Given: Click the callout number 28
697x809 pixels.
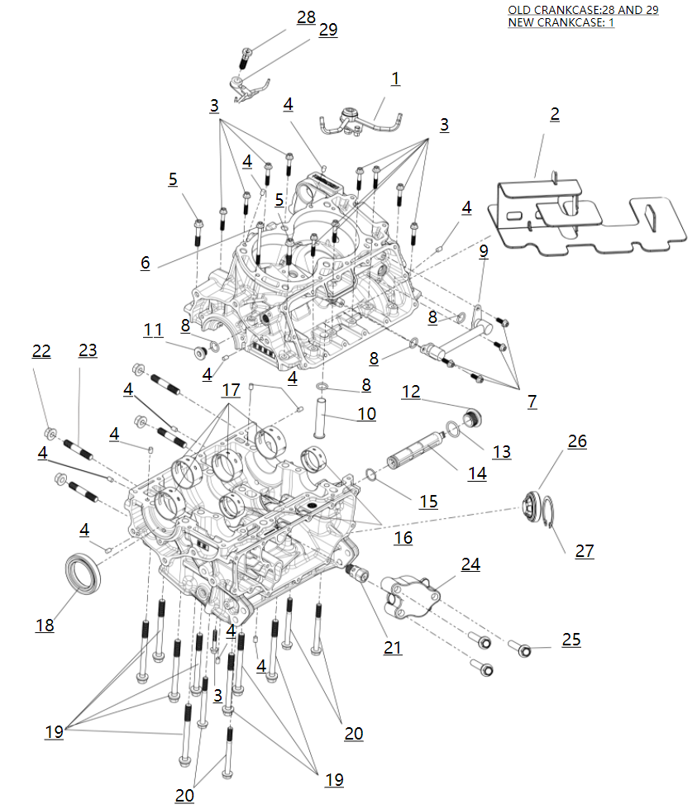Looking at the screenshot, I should (x=306, y=17).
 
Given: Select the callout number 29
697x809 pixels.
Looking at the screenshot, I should (x=327, y=30).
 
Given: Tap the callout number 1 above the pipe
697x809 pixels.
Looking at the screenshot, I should (x=395, y=79).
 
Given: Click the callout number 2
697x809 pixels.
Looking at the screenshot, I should (x=555, y=114).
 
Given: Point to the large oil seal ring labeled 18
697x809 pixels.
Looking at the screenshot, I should (x=84, y=572).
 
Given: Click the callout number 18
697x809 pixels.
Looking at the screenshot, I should (x=45, y=626).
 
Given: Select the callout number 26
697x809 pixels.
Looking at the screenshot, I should (x=577, y=441).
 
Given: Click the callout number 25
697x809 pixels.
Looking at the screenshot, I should (x=570, y=640).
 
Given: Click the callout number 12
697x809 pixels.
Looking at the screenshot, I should (x=411, y=391).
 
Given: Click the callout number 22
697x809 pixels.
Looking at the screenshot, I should (x=41, y=351).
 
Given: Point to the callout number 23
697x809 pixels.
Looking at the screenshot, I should (x=88, y=350).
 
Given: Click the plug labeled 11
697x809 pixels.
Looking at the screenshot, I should (x=199, y=354).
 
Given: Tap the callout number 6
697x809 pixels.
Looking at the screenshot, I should (x=146, y=263).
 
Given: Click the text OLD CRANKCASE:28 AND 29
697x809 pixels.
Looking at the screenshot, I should (x=583, y=10).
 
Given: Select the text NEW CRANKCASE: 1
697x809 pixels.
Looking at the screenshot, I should (x=561, y=22).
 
